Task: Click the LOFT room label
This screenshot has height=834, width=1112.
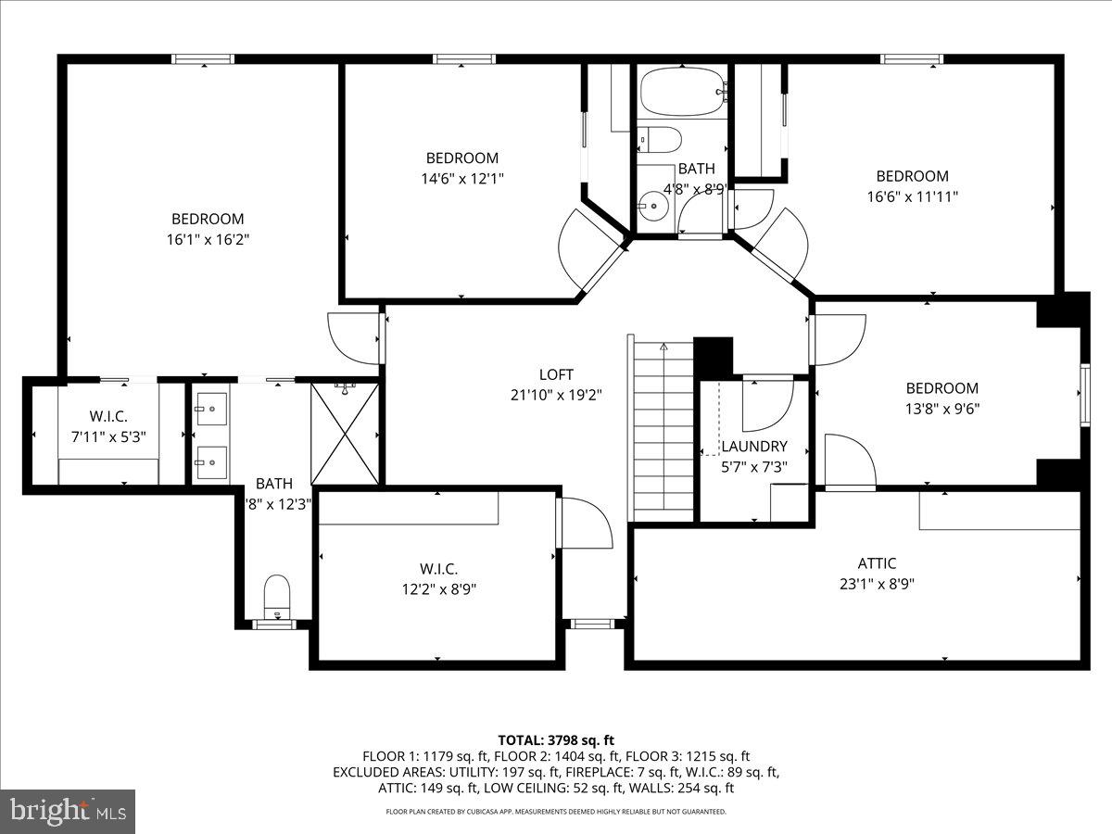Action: pyautogui.click(x=556, y=374)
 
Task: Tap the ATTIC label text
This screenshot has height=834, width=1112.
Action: pyautogui.click(x=876, y=563)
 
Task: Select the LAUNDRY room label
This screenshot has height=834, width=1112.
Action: pyautogui.click(x=754, y=447)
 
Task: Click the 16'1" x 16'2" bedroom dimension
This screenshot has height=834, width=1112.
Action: pyautogui.click(x=208, y=239)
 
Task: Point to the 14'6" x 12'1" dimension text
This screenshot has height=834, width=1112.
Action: pyautogui.click(x=461, y=178)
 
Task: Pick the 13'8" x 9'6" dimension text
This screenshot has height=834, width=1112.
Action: pyautogui.click(x=941, y=409)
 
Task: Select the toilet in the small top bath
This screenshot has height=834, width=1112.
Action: pyautogui.click(x=661, y=139)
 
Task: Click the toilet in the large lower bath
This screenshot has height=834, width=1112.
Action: pyautogui.click(x=276, y=594)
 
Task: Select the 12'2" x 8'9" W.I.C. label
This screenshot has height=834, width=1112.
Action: pyautogui.click(x=438, y=588)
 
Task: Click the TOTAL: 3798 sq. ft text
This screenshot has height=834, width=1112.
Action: pyautogui.click(x=556, y=739)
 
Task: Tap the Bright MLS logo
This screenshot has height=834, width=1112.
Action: pyautogui.click(x=68, y=811)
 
